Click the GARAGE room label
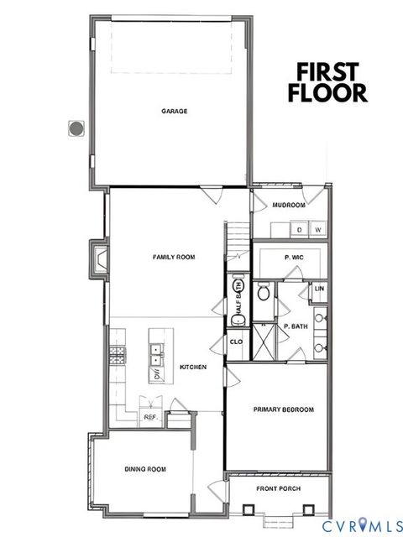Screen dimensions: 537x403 pos(175,111)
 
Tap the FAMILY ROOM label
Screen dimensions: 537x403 pos(174,257)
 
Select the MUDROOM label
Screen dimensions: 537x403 pos(289,205)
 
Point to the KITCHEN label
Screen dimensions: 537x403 pos(193,367)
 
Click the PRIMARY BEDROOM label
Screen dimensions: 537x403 pos(284,409)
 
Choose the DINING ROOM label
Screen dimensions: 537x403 pos(145,468)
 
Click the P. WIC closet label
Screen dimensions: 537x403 pos(294,258)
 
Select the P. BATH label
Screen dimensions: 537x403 pos(295,326)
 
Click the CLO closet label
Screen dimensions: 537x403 pos(236,341)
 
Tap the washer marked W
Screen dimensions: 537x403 pos(318,228)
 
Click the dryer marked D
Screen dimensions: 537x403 pos(299,228)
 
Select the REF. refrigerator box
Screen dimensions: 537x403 pos(151,417)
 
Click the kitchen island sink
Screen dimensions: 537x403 pos(156,357)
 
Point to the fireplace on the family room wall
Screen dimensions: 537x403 pos(98,258)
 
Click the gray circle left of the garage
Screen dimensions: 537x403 pos(76,128)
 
